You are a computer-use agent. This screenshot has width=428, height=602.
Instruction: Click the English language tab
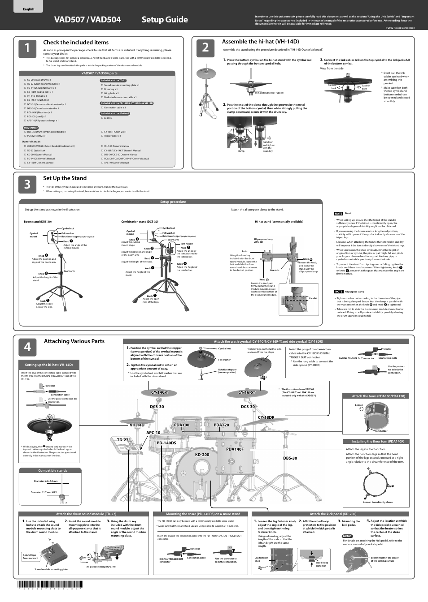pyautogui.click(x=28, y=9)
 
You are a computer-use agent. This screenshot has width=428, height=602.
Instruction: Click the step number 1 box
pyautogui.click(x=27, y=48)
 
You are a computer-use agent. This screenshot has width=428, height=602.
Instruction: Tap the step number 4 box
pyautogui.click(x=27, y=347)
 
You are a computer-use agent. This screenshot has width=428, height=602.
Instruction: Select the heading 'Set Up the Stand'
pyautogui.click(x=65, y=178)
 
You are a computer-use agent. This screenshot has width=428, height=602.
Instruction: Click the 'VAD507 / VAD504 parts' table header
pyautogui.click(x=100, y=73)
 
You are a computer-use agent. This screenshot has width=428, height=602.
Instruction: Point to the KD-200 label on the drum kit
pyautogui.click(x=202, y=455)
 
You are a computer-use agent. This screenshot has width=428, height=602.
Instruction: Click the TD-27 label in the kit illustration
pyautogui.click(x=123, y=440)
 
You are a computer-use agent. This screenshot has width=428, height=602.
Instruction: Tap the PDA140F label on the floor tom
pyautogui.click(x=235, y=449)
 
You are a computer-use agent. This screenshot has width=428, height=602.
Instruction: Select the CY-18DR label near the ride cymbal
pyautogui.click(x=266, y=417)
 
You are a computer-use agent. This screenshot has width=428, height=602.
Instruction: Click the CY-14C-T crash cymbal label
pyautogui.click(x=160, y=393)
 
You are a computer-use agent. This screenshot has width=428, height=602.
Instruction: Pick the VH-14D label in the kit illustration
pyautogui.click(x=137, y=425)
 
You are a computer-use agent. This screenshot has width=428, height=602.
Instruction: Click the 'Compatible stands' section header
pyautogui.click(x=52, y=470)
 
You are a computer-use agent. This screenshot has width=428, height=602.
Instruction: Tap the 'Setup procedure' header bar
pyautogui.click(x=173, y=202)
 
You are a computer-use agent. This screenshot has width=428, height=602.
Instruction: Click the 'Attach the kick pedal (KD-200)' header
pyautogui.click(x=333, y=514)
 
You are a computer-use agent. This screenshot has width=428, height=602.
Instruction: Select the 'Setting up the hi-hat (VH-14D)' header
pyautogui.click(x=48, y=365)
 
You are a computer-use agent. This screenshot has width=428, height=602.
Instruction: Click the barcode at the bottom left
pyautogui.click(x=50, y=585)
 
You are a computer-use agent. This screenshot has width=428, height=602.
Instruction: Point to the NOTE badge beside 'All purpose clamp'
pyautogui.click(x=339, y=292)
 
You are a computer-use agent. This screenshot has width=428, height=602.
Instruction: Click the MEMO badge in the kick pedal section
pyautogui.click(x=347, y=536)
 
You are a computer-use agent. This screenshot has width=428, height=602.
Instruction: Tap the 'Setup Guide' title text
pyautogui.click(x=165, y=20)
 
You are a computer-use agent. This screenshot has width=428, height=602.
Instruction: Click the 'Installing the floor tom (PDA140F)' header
pyautogui.click(x=378, y=441)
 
